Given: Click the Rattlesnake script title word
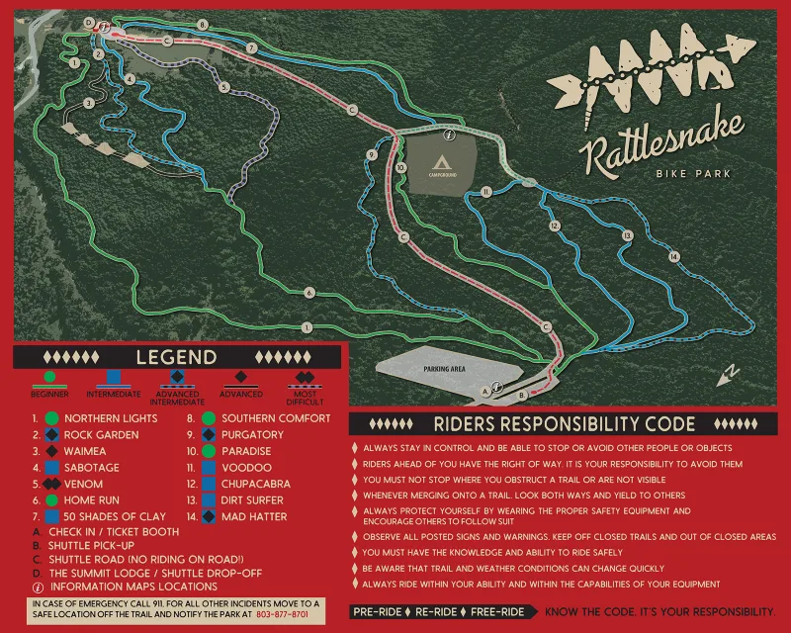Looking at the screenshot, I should pos(662,149).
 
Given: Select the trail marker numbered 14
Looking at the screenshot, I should pos(674,257).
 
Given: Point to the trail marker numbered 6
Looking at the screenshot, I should pos(309,293).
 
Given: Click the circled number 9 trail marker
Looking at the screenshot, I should pos(371,155).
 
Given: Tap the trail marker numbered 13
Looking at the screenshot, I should pos(626,236).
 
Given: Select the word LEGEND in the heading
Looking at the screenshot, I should pos(177,357).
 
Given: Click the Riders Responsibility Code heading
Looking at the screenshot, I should pos(564,424).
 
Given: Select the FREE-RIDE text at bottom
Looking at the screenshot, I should pos(497,612).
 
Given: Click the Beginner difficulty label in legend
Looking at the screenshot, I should pos(49,394).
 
